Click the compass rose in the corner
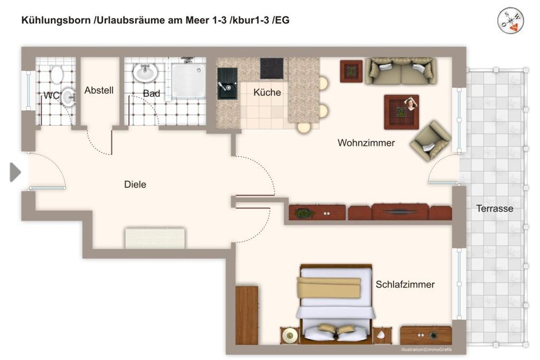(510, 21)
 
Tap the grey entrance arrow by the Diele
(15, 172)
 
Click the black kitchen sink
(227, 83)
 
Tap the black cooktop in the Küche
(272, 68)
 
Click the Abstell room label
(99, 90)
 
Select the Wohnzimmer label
(366, 143)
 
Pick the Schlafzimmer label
(405, 285)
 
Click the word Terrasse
(494, 208)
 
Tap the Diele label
(135, 184)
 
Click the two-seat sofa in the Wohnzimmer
(401, 71)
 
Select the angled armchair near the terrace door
(430, 141)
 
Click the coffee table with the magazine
(401, 112)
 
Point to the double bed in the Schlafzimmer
(336, 304)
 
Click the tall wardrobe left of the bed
(247, 315)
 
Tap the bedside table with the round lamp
(289, 335)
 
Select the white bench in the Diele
(155, 238)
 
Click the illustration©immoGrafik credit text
(426, 349)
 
